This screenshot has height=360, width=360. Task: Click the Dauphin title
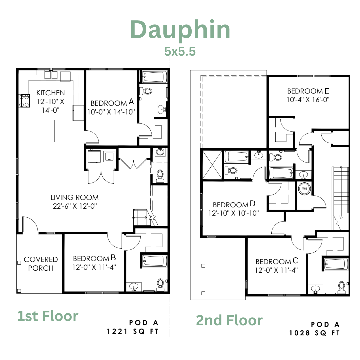180,30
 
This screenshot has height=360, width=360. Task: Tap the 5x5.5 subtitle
180,51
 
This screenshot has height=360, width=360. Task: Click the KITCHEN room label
51,93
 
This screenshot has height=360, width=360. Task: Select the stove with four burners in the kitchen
24,101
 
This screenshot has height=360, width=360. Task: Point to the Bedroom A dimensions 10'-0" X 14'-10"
111,112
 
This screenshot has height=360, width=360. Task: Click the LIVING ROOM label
75,197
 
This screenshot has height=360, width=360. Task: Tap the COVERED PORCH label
41,264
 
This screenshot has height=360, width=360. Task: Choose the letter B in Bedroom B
113,258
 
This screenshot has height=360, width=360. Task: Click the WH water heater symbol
304,189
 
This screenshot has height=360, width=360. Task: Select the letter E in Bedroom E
327,91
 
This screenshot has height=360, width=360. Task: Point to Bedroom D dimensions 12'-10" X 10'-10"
233,213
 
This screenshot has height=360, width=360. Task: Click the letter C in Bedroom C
295,261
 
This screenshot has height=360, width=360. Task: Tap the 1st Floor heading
48,316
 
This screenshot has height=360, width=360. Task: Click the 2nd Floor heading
229,320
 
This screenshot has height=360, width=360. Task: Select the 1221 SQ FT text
133,332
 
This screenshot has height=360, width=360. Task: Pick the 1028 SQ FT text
314,333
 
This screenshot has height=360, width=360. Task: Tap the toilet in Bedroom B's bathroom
160,285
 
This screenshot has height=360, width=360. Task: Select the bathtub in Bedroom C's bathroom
336,264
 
